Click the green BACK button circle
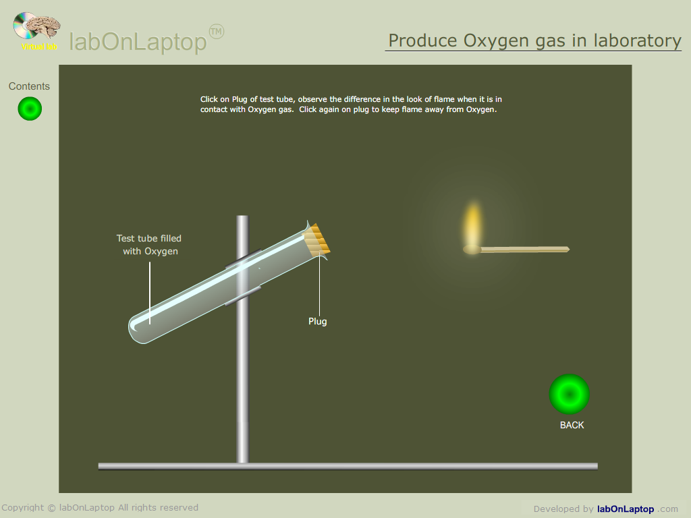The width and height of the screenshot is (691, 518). pos(570,394)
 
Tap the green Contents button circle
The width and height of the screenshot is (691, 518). pos(30,109)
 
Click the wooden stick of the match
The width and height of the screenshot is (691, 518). pos(524,250)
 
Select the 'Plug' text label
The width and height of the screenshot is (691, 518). pos(318,322)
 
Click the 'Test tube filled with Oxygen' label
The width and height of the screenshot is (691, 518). pos(149,244)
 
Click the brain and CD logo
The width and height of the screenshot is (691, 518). pos(37,27)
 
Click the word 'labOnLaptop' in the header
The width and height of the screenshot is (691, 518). pos(138,42)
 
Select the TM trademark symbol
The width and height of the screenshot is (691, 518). pos(217,32)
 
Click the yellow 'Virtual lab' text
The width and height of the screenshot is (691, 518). pos(39,47)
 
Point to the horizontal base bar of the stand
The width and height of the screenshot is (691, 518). pos(348,466)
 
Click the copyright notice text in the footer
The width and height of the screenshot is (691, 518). pos(100,507)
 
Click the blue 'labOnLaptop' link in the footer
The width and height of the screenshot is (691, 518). pos(626,509)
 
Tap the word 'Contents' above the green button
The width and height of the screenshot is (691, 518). pos(29,86)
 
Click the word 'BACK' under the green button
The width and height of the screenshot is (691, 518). pos(572,425)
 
